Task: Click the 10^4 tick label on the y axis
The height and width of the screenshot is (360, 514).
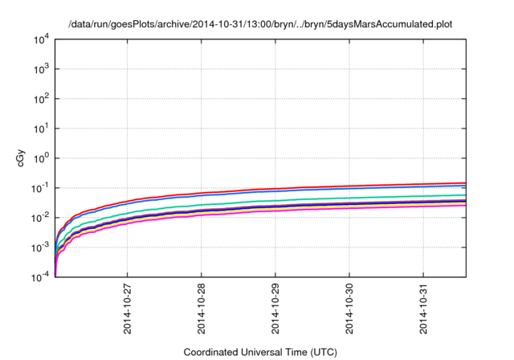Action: click(41, 39)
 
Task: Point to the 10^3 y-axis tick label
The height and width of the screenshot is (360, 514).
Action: click(41, 69)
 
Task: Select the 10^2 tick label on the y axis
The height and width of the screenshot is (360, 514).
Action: click(41, 99)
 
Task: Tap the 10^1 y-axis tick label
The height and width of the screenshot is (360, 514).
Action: click(41, 129)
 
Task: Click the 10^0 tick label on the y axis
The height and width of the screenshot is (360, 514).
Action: click(41, 158)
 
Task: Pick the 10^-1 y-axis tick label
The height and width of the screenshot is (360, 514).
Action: click(40, 188)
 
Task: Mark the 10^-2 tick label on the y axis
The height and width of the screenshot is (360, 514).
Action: click(40, 218)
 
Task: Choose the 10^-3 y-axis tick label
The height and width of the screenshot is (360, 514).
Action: click(40, 247)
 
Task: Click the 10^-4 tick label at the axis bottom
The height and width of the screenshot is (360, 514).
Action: click(40, 277)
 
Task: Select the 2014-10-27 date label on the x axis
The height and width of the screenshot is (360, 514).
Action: click(128, 309)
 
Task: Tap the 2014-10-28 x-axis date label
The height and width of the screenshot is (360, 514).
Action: click(202, 309)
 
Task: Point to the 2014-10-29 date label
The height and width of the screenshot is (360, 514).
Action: click(275, 309)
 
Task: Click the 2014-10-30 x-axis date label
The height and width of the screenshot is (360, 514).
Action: click(349, 309)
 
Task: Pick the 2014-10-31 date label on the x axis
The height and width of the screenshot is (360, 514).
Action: click(423, 309)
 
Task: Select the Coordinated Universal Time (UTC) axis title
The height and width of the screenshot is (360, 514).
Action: click(259, 352)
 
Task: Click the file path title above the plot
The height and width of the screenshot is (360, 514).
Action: click(259, 24)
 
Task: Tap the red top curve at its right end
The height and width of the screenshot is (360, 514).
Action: click(464, 183)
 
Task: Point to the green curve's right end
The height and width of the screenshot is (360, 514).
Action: click(464, 195)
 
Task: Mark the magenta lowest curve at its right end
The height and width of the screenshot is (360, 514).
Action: click(464, 205)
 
